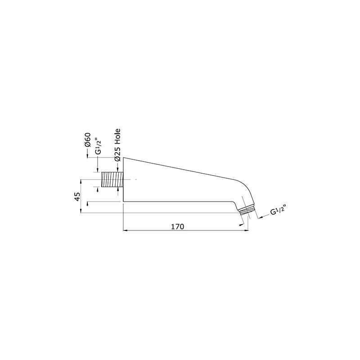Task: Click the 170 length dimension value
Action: point(177,227)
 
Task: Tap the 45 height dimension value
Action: point(77,197)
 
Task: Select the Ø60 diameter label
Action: point(88,140)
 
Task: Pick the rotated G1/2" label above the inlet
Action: point(98,147)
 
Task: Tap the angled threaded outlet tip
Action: point(246,209)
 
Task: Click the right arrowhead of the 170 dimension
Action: point(247,230)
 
